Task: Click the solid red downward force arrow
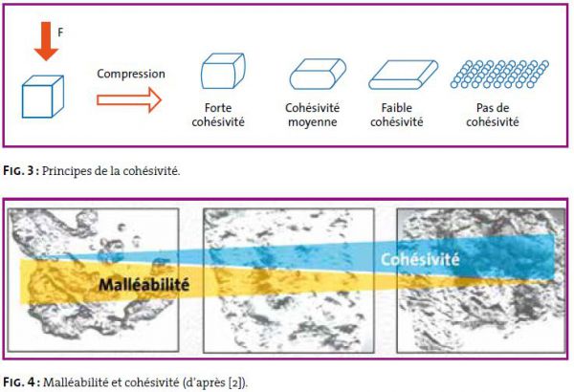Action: pos(46,41)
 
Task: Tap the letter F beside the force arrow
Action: pos(61,33)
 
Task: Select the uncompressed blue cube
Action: pos(43,97)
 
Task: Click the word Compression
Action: pos(131,74)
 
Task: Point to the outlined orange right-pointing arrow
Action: pos(129,100)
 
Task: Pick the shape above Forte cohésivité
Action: pos(223,71)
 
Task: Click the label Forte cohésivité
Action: pos(218,115)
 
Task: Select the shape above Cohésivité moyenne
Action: pos(318,74)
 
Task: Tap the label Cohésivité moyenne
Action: pos(312,115)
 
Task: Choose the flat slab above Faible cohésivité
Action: pos(403,75)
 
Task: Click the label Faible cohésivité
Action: pos(397,115)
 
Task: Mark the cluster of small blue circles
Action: pos(499,75)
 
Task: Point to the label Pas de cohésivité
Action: pos(493,115)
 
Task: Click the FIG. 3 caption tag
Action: pos(21,170)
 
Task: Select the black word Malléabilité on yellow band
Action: pos(144,284)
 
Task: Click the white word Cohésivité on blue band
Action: pos(420,259)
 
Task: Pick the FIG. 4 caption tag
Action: pos(21,382)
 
